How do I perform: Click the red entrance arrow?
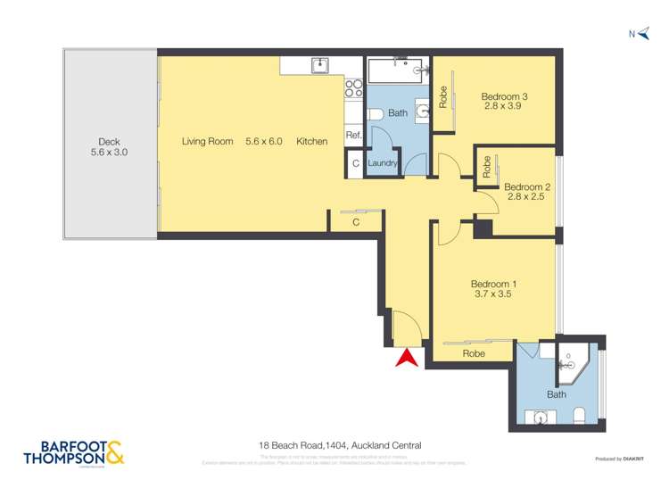(x=407, y=358)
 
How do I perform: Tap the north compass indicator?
(x=638, y=34)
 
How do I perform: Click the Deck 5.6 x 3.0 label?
(x=110, y=147)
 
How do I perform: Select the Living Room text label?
(x=207, y=141)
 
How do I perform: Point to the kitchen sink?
(x=318, y=65)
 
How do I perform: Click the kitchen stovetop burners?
(x=353, y=88)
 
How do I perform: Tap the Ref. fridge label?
(x=353, y=136)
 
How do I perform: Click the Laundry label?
(x=383, y=163)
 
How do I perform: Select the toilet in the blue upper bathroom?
(x=376, y=113)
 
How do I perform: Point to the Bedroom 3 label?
(x=505, y=97)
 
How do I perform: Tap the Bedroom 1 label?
(x=494, y=285)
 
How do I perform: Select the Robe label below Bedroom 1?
(x=474, y=353)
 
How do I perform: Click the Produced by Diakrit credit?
(x=622, y=459)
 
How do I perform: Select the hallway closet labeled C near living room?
(x=356, y=221)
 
